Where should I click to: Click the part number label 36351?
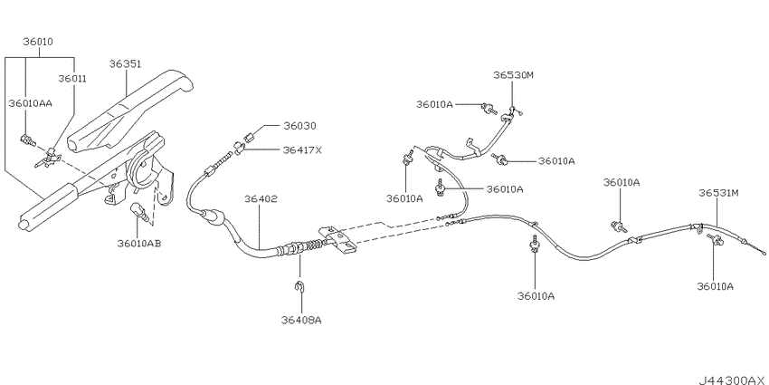point(125,63)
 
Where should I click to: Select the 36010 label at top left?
point(38,42)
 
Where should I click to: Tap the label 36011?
point(72,78)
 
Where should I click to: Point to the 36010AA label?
point(31,103)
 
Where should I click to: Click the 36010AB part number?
point(139,243)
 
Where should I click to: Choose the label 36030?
point(299,126)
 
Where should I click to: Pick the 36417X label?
point(302,149)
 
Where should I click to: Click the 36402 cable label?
point(261,199)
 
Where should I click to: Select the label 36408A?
point(301,320)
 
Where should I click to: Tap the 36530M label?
point(513,75)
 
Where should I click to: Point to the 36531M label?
point(718,193)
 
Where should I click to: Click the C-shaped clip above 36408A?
point(301,287)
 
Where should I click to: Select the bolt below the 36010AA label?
point(27,141)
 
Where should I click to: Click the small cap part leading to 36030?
point(248,137)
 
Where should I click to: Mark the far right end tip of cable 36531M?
point(764,253)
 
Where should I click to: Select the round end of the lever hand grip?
point(23,225)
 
